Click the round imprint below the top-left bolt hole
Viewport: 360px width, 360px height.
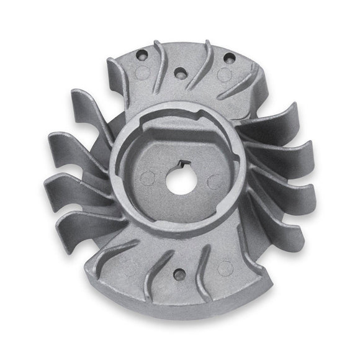tap(140, 73)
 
